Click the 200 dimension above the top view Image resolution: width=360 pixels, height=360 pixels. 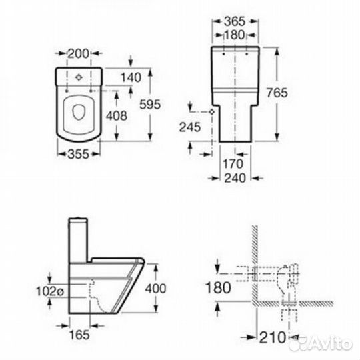[78, 54]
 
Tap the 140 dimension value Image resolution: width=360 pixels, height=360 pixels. [131, 77]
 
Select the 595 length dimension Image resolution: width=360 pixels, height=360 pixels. [150, 105]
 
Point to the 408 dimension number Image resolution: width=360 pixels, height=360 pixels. [117, 116]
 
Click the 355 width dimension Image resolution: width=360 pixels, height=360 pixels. [78, 154]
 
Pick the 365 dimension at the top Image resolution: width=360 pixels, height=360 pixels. [235, 21]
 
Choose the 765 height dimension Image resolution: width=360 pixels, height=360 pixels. [277, 93]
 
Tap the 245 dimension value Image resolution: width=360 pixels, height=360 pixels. [190, 127]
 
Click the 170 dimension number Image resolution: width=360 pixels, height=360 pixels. [233, 164]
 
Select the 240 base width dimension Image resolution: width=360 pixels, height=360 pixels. [235, 178]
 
